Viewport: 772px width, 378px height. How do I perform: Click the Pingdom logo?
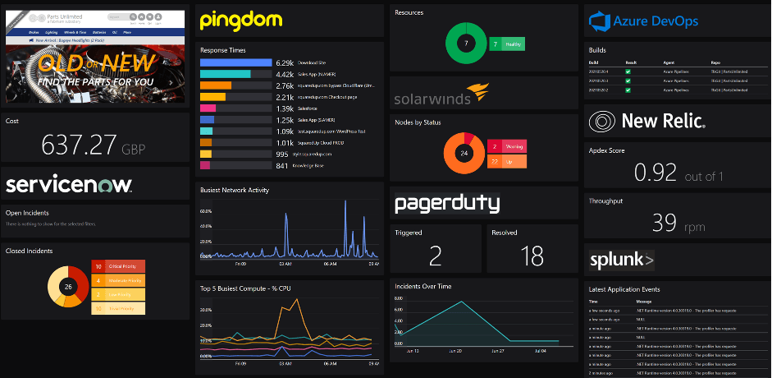coord(241,20)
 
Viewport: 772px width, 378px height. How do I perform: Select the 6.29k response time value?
coord(285,62)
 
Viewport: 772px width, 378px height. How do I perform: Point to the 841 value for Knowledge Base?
coord(281,165)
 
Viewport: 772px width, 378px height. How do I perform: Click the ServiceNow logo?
coord(69,183)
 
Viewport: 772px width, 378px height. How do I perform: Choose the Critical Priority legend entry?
coord(118,266)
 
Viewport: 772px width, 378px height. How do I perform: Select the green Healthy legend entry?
coord(506,44)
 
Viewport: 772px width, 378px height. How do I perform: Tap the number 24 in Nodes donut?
coord(464,154)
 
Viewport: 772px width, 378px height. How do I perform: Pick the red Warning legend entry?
coord(507,146)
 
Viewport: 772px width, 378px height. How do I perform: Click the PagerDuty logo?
coord(447,203)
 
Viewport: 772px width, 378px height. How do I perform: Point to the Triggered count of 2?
coord(436,256)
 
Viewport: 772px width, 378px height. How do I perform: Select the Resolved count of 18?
coord(532,256)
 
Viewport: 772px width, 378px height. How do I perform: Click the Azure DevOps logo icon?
coord(601,21)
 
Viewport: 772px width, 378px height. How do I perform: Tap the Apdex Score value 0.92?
coord(656,172)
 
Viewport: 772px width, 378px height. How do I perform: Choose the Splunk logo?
coord(621,261)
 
